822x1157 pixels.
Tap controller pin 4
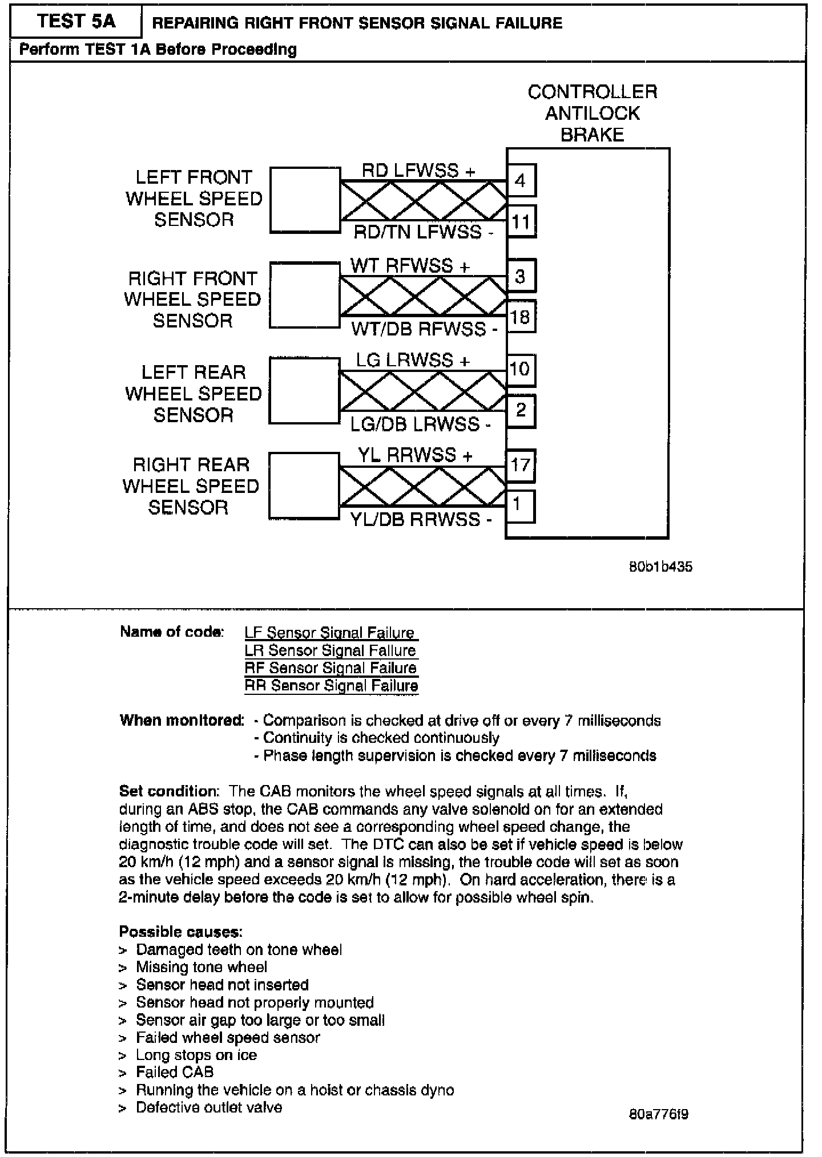pos(520,181)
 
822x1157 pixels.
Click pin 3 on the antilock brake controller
pos(520,277)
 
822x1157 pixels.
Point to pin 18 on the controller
pos(520,317)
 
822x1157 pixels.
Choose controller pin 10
pos(519,370)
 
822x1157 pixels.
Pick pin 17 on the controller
pos(520,465)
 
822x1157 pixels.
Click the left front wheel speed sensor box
pos(305,200)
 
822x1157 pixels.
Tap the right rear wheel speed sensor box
pos(305,486)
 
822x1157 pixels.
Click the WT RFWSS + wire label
pos(410,266)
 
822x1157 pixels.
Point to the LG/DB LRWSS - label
pos(421,424)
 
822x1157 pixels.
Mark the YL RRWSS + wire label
pos(415,455)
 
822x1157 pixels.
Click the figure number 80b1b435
pos(660,567)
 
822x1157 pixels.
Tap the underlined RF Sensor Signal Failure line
pos(331,668)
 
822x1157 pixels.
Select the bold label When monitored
pos(182,720)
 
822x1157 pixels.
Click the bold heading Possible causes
pos(181,932)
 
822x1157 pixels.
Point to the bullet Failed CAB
pos(175,1072)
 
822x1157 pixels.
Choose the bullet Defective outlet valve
pos(209,1107)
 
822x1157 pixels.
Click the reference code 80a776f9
pos(658,1114)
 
